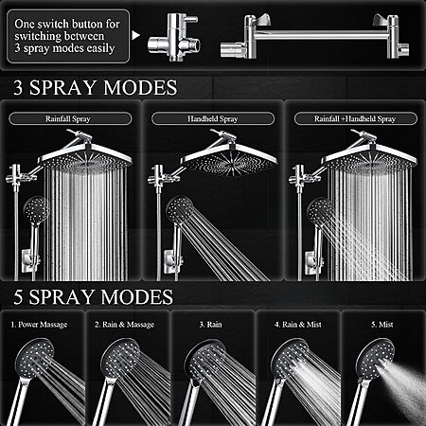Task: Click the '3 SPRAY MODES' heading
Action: tap(96, 87)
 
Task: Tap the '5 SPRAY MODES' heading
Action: tap(94, 297)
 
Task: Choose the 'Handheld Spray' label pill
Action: tap(213, 118)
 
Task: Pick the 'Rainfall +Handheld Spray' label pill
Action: tap(355, 118)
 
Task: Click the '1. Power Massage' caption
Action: tap(39, 325)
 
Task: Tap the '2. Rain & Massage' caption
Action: tap(124, 325)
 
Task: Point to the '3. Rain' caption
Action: tap(210, 325)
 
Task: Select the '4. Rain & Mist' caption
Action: tap(298, 325)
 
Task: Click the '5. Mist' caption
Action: tap(382, 325)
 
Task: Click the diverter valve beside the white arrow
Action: tap(173, 37)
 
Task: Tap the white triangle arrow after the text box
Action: tap(135, 35)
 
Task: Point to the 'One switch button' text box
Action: tap(68, 36)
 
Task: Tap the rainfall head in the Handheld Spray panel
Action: tap(229, 159)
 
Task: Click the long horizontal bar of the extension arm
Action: tap(320, 35)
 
